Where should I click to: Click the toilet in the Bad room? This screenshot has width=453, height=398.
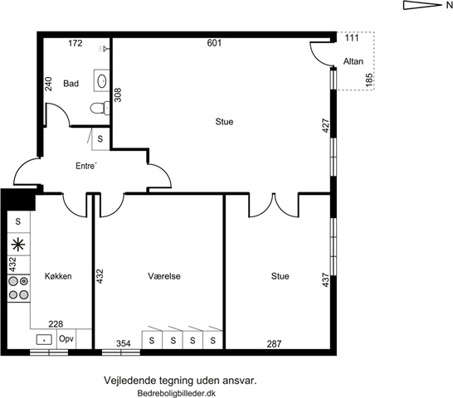[100, 109]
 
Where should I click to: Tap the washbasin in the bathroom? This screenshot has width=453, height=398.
[102, 80]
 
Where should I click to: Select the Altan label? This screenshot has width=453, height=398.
[353, 61]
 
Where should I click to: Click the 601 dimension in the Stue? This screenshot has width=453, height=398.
[214, 43]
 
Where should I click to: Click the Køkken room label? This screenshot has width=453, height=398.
[58, 276]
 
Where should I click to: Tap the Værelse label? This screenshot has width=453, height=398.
[164, 276]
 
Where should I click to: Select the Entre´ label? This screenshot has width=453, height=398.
[86, 166]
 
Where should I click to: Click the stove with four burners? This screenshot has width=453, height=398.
[18, 288]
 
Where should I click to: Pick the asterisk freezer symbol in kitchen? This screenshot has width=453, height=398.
[18, 245]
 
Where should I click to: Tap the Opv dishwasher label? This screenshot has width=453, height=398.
[66, 338]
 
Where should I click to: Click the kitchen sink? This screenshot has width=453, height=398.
[44, 340]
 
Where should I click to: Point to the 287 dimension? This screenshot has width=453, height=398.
[274, 344]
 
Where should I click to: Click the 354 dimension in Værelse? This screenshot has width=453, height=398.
[124, 344]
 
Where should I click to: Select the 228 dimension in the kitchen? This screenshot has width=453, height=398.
[56, 324]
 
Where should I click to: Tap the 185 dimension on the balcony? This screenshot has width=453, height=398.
[369, 80]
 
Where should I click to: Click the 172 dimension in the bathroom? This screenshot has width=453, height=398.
[75, 43]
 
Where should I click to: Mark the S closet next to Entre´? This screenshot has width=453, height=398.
[100, 139]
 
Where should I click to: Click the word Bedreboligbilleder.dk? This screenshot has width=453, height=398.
[177, 393]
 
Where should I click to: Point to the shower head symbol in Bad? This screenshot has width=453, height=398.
[104, 49]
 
